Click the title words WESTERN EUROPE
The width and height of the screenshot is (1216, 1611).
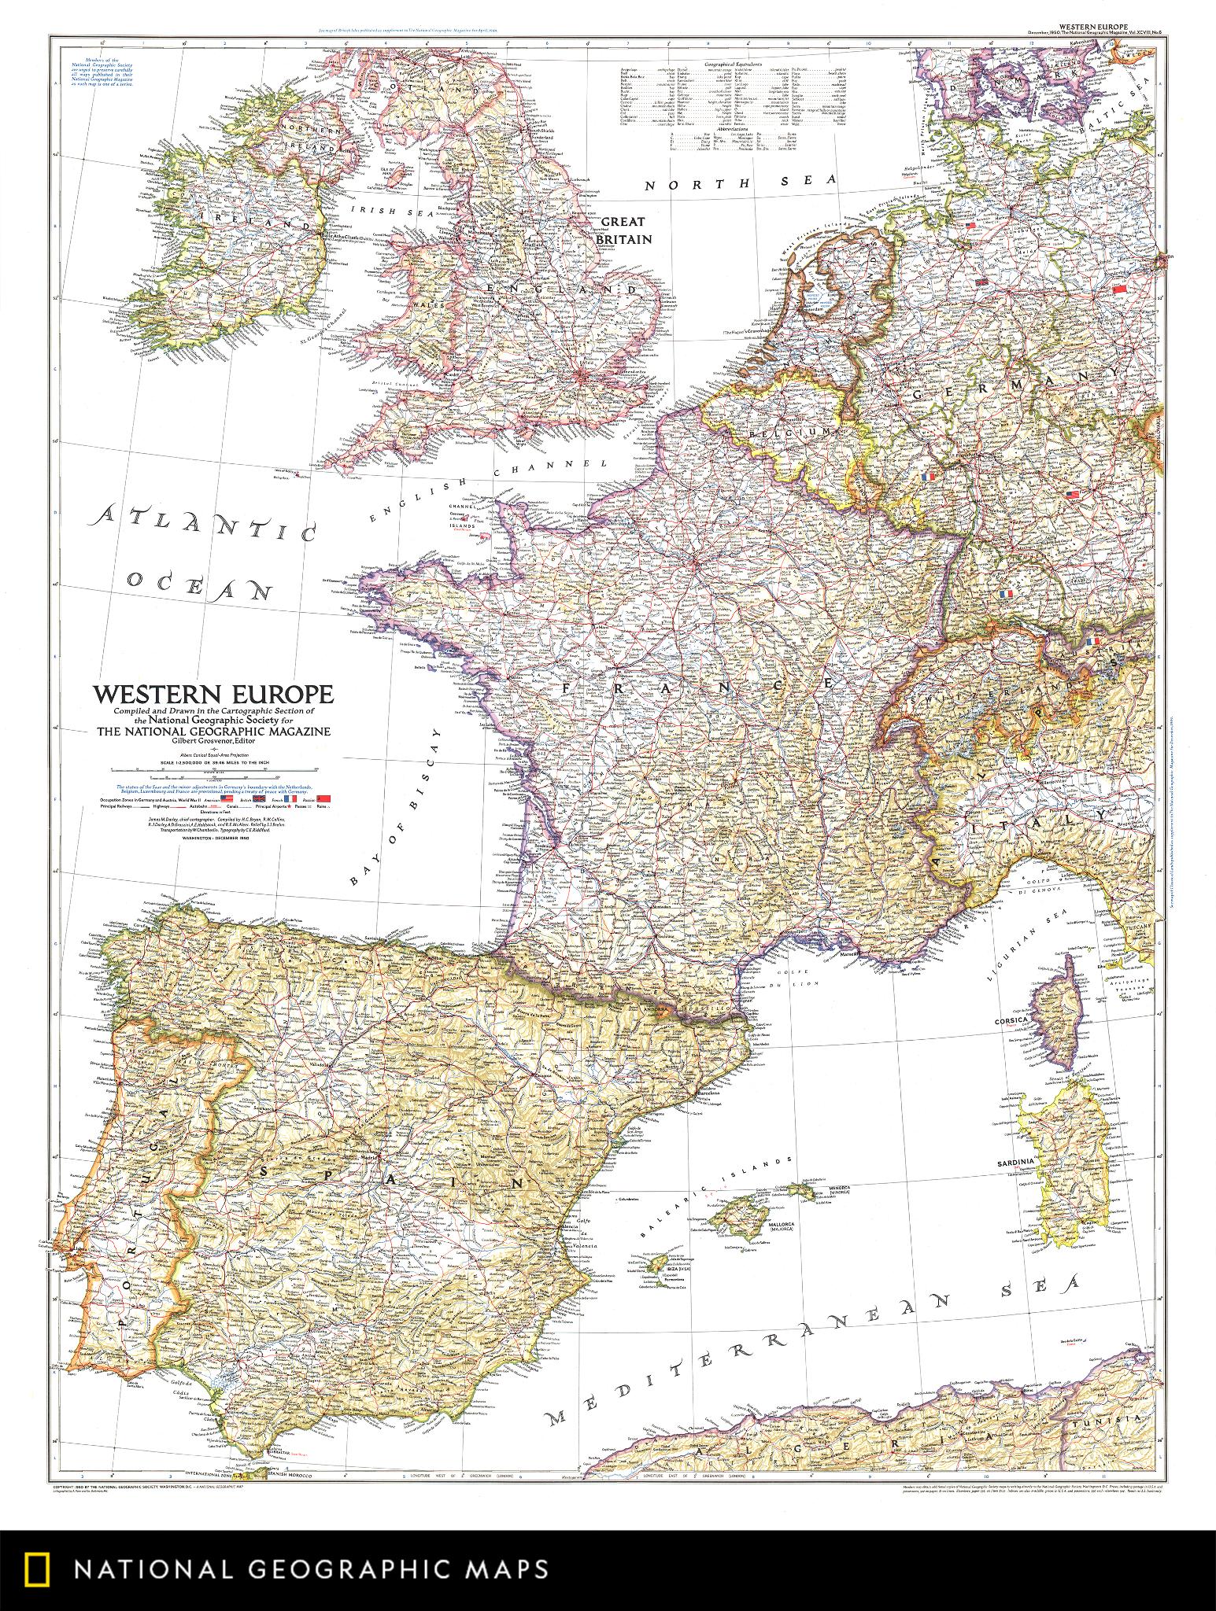click(x=213, y=695)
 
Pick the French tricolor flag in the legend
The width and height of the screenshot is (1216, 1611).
click(x=290, y=798)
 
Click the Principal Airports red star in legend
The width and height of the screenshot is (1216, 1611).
click(x=289, y=806)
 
